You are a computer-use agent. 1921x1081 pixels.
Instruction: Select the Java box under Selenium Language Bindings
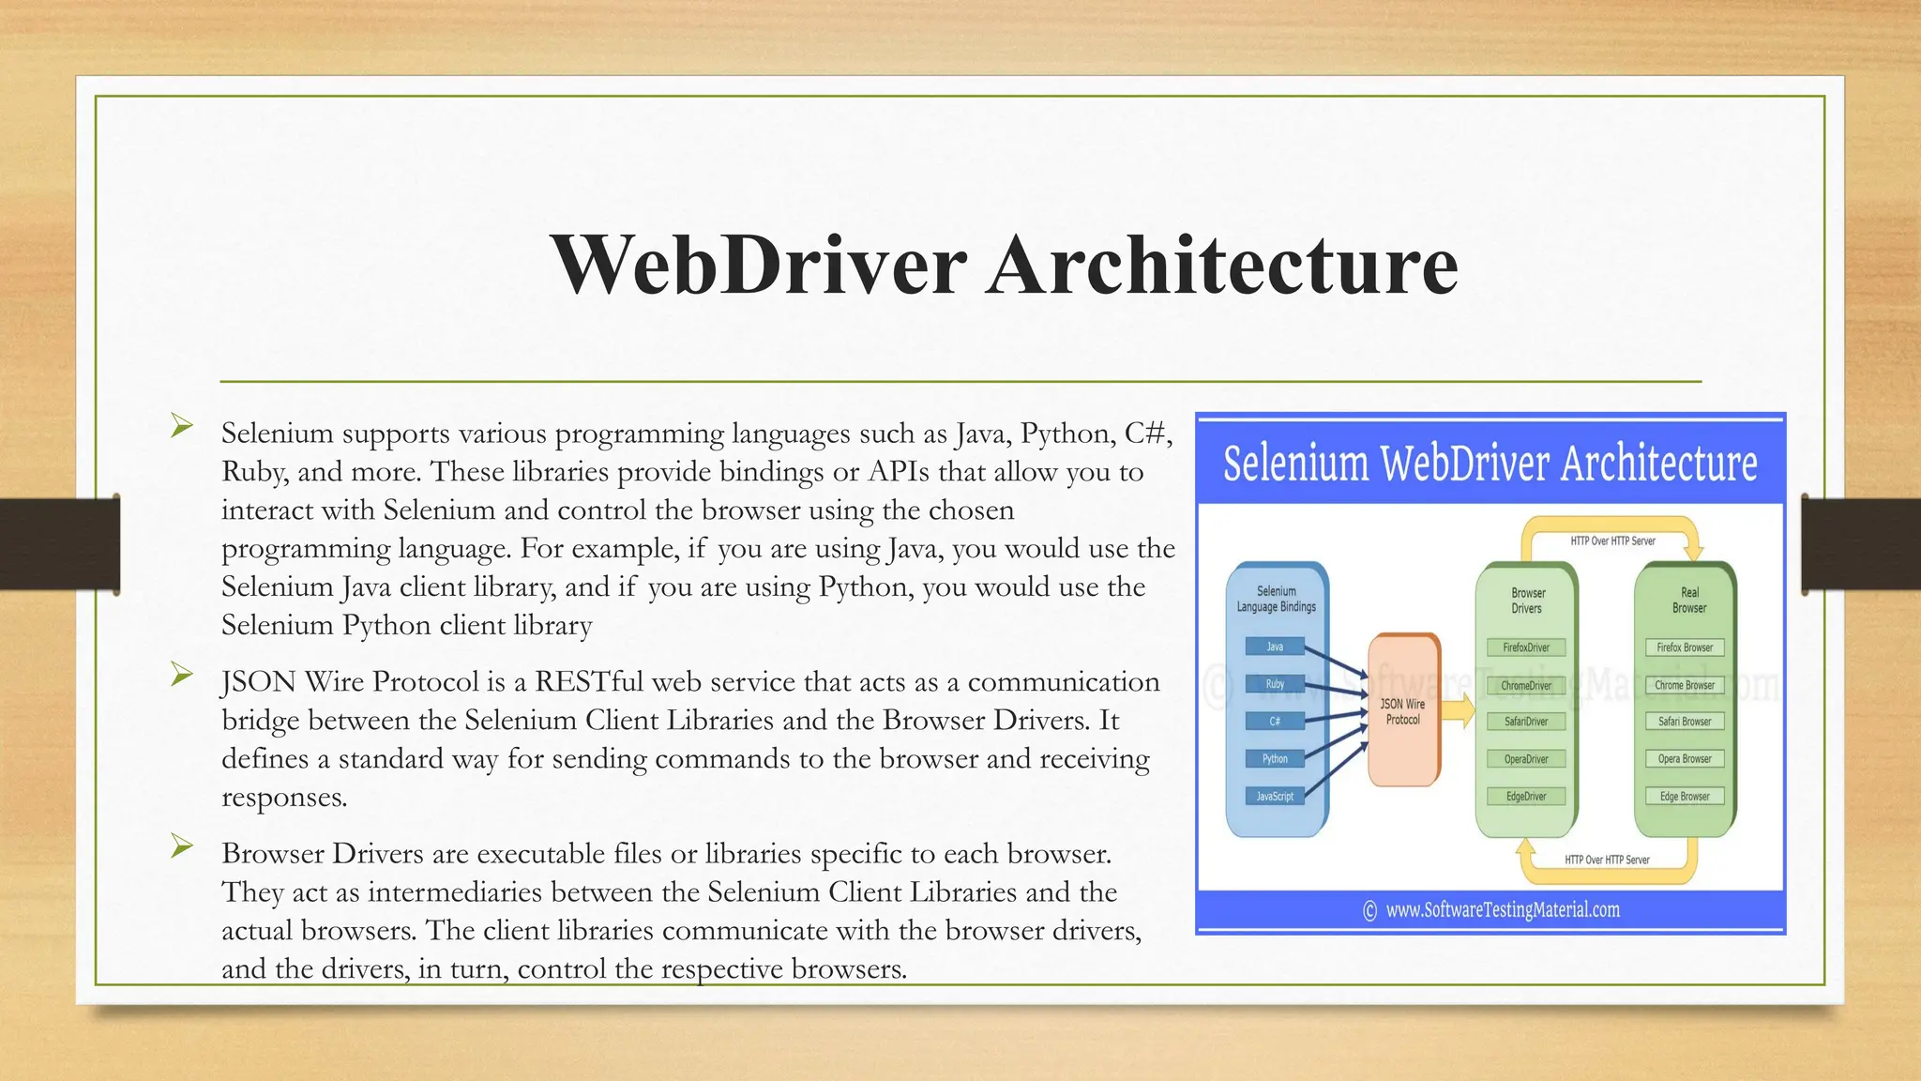click(x=1275, y=647)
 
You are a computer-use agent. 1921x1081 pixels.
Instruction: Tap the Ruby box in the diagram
click(x=1275, y=684)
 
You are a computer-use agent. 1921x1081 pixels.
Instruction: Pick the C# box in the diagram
click(x=1275, y=722)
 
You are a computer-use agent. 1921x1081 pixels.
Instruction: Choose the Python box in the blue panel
click(x=1275, y=758)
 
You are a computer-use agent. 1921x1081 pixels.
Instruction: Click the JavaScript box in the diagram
click(x=1275, y=796)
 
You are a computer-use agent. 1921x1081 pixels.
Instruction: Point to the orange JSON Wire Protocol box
click(x=1403, y=711)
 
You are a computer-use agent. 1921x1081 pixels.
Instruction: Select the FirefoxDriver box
click(x=1526, y=647)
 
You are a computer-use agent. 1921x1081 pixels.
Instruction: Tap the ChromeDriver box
click(x=1526, y=685)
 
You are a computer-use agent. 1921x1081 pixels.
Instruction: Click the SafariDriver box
click(x=1526, y=722)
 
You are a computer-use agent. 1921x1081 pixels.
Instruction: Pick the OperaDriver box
click(x=1526, y=759)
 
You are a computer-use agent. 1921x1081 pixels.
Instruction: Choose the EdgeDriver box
click(x=1526, y=796)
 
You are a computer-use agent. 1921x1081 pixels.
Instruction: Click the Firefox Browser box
click(x=1685, y=647)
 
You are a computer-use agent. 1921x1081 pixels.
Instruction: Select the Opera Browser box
click(x=1685, y=759)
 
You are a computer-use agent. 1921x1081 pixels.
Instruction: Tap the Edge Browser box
click(x=1685, y=796)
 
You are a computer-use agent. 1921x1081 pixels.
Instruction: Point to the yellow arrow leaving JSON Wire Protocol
click(x=1457, y=711)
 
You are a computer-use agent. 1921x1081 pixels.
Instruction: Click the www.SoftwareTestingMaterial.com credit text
click(x=1502, y=909)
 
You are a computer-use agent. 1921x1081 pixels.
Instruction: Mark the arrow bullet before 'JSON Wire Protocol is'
click(x=182, y=674)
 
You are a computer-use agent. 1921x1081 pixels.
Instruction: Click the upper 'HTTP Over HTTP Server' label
click(x=1612, y=541)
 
